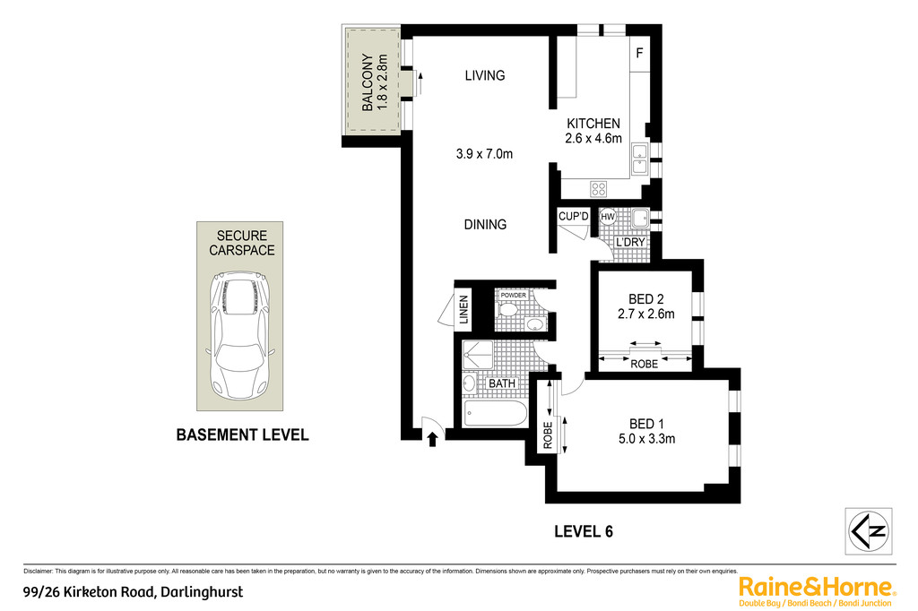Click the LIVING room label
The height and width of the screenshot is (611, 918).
tap(485, 75)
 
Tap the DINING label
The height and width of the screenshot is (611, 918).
tap(485, 224)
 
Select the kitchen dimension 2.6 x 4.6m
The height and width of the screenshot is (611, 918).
tap(593, 139)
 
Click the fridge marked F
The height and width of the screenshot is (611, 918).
tap(640, 53)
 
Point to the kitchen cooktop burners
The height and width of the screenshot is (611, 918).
tap(598, 188)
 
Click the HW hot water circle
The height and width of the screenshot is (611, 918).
tap(608, 217)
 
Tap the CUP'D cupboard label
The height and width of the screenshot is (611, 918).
tap(574, 217)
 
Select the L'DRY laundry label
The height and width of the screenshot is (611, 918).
tap(630, 242)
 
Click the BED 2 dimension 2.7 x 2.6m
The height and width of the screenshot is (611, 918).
tap(646, 314)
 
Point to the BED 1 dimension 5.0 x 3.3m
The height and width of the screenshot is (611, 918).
tap(647, 439)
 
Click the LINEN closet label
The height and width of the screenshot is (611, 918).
tap(464, 309)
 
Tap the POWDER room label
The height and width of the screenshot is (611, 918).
tap(514, 296)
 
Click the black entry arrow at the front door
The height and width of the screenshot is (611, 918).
tap(433, 439)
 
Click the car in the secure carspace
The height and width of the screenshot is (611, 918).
tap(240, 335)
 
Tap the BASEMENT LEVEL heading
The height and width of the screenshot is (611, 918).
tap(242, 435)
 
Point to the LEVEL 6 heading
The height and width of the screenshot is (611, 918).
tap(584, 531)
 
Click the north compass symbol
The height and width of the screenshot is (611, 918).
tap(869, 531)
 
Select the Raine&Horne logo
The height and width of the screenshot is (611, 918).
tap(817, 591)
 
